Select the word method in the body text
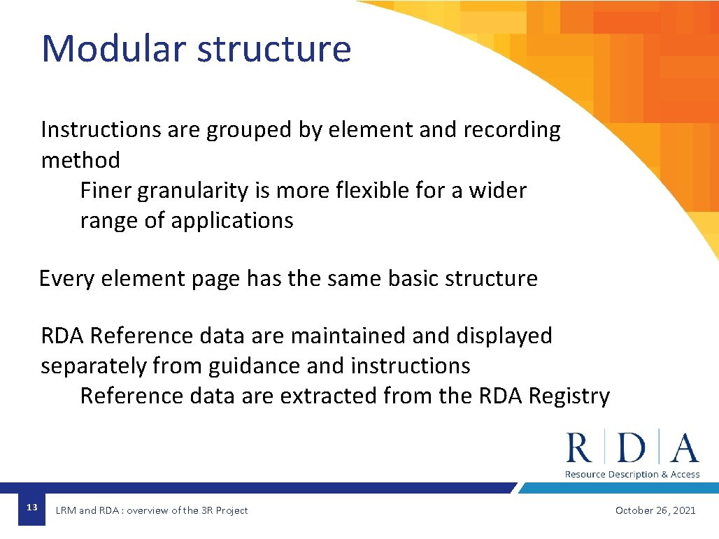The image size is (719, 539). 80,160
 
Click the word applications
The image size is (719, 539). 232,221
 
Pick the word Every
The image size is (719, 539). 67,279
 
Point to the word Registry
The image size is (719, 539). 569,396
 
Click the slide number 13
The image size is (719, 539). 31,507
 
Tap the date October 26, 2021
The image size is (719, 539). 655,510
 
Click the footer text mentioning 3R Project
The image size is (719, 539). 152,510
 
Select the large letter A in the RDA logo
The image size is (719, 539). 683,448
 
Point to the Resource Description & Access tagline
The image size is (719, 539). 632,475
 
